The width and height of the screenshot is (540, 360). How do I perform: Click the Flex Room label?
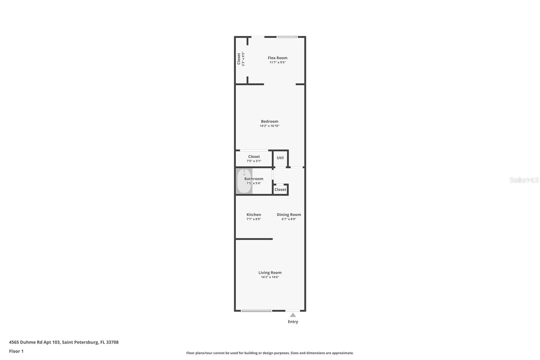pyautogui.click(x=277, y=58)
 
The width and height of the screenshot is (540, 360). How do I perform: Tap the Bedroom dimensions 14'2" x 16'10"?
pyautogui.click(x=269, y=126)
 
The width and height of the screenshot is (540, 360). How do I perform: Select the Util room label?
pyautogui.click(x=280, y=158)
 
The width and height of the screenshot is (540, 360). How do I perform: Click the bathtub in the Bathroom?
pyautogui.click(x=244, y=181)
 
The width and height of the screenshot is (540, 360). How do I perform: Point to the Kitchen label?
pyautogui.click(x=253, y=214)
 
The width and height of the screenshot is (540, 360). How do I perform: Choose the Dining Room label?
pyautogui.click(x=289, y=214)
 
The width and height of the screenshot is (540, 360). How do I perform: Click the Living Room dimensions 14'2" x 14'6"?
pyautogui.click(x=270, y=277)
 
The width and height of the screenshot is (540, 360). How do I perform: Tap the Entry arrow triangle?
pyautogui.click(x=293, y=315)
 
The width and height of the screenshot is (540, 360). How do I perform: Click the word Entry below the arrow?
pyautogui.click(x=293, y=322)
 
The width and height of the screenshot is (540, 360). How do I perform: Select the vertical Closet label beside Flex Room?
pyautogui.click(x=239, y=59)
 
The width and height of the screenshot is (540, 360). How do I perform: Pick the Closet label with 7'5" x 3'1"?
pyautogui.click(x=254, y=156)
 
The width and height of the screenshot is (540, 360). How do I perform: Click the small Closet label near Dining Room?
pyautogui.click(x=280, y=189)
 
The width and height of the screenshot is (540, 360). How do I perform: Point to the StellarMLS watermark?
pyautogui.click(x=524, y=180)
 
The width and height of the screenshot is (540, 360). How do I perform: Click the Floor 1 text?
pyautogui.click(x=16, y=351)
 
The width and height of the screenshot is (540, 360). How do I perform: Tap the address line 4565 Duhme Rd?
pyautogui.click(x=64, y=342)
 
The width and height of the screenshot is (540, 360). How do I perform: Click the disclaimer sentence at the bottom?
pyautogui.click(x=270, y=353)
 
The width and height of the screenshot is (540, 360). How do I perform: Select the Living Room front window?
pyautogui.click(x=256, y=310)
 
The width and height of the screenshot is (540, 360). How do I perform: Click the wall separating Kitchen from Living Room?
pyautogui.click(x=254, y=239)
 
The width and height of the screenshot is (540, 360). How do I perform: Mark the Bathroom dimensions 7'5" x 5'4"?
pyautogui.click(x=253, y=183)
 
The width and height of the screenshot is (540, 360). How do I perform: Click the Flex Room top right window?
pyautogui.click(x=287, y=37)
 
